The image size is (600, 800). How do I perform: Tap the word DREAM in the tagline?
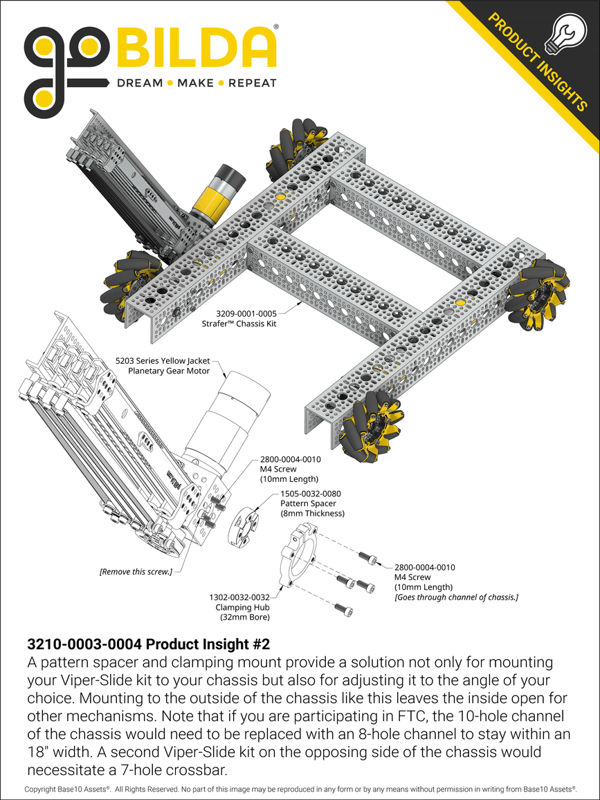click(x=139, y=83)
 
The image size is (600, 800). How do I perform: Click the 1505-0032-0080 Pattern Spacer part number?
click(x=312, y=494)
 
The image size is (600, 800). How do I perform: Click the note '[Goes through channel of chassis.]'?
click(x=456, y=597)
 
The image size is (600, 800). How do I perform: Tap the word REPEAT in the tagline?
click(x=253, y=83)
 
